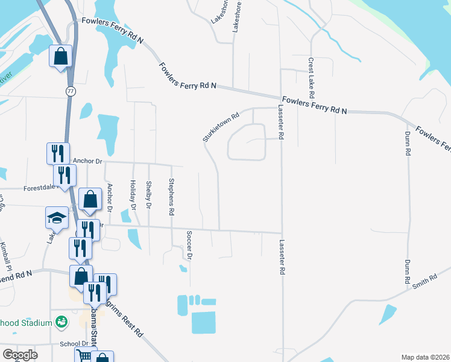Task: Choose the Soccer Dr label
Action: coord(189,245)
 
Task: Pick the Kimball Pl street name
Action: coord(7,256)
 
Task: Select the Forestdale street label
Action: coord(39,188)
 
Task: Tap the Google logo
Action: coord(20,355)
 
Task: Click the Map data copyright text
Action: coord(425,357)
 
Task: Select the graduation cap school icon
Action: coord(57,217)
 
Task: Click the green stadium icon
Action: coord(60,323)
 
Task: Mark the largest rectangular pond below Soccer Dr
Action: coord(204,322)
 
